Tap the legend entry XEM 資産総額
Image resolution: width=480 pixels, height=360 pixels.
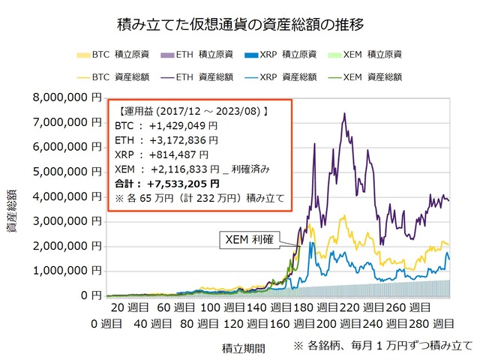point(374,76)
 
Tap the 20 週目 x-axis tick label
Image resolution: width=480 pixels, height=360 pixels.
point(129,308)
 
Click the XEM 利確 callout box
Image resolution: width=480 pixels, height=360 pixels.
point(250,240)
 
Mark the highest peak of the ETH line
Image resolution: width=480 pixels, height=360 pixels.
point(344,114)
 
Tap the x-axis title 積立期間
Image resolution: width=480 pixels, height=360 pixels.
point(241,348)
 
